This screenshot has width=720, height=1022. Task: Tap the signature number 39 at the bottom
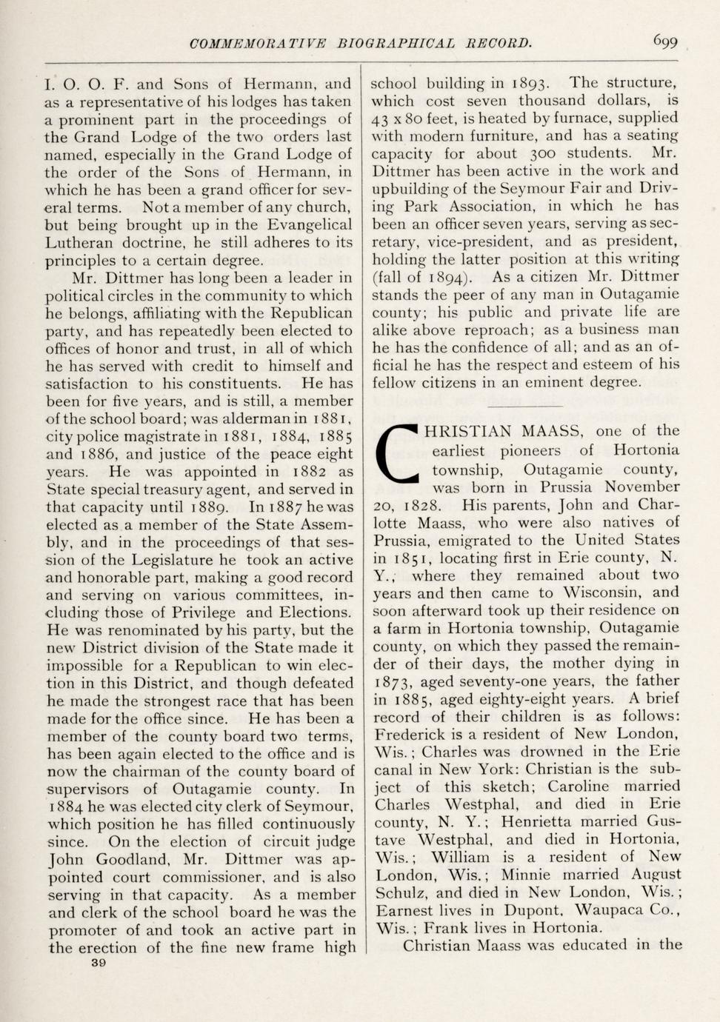(x=98, y=963)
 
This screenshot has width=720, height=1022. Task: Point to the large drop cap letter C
(x=399, y=453)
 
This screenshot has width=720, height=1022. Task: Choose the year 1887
(x=285, y=508)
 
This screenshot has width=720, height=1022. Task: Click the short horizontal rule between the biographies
(x=524, y=407)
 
